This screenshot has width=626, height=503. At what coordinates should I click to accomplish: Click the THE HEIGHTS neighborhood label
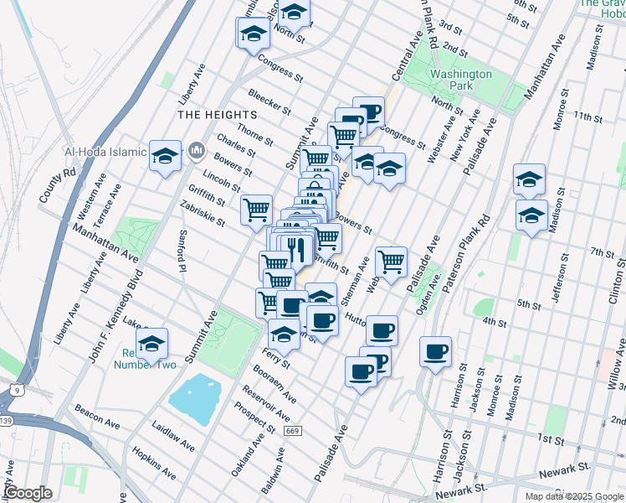pyautogui.click(x=217, y=114)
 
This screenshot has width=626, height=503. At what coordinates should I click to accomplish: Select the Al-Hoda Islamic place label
pyautogui.click(x=105, y=153)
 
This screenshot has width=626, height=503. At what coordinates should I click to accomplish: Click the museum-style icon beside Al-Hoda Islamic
pyautogui.click(x=197, y=152)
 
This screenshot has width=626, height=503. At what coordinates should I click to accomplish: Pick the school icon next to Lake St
pyautogui.click(x=151, y=344)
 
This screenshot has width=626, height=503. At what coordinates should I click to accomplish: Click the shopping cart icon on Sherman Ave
pyautogui.click(x=391, y=262)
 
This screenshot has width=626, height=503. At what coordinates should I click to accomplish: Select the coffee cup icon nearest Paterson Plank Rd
pyautogui.click(x=434, y=352)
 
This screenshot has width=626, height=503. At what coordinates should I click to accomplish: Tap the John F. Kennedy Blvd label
pyautogui.click(x=115, y=316)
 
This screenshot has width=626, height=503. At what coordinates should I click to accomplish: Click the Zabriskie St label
pyautogui.click(x=203, y=214)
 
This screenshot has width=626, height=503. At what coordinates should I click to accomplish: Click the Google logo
pyautogui.click(x=29, y=493)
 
